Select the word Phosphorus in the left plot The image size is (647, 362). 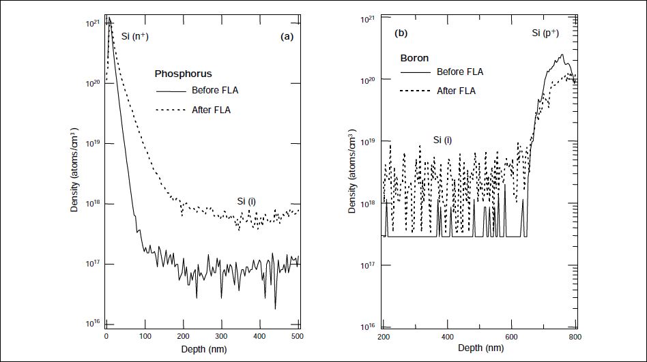pyautogui.click(x=183, y=74)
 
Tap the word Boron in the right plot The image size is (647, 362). pyautogui.click(x=414, y=58)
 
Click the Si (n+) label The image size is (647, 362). pyautogui.click(x=134, y=35)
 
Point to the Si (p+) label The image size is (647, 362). pyautogui.click(x=546, y=33)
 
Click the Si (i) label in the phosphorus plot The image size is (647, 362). pyautogui.click(x=246, y=201)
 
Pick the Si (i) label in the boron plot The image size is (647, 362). pyautogui.click(x=444, y=140)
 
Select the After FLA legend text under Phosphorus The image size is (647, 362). pyautogui.click(x=211, y=110)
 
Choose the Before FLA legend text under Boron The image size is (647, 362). pyautogui.click(x=460, y=72)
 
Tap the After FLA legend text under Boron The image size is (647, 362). pyautogui.click(x=456, y=91)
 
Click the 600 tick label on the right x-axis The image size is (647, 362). pyautogui.click(x=511, y=337)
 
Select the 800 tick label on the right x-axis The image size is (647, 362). pyautogui.click(x=575, y=337)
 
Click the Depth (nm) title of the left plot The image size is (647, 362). pyautogui.click(x=203, y=349)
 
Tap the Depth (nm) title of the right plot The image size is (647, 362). pyautogui.click(x=480, y=348)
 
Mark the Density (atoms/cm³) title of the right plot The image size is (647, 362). pyautogui.click(x=353, y=170)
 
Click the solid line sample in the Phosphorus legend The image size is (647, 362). pyautogui.click(x=171, y=91)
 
